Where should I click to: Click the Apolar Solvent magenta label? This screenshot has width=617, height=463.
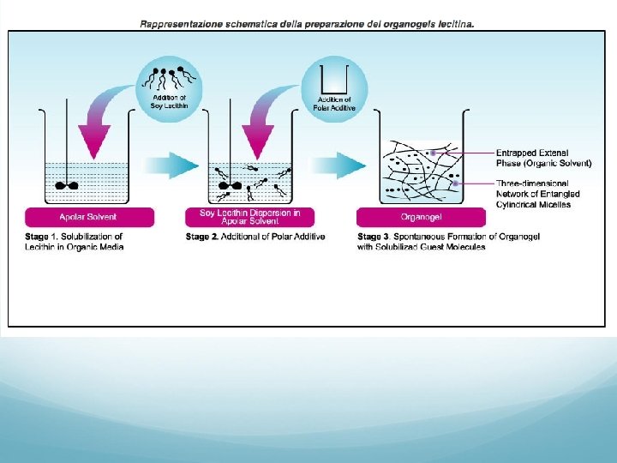(x=89, y=217)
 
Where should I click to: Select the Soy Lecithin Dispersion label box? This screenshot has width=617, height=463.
(x=249, y=217)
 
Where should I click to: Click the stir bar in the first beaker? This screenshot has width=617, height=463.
(x=66, y=184)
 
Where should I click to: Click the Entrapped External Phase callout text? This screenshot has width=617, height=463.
(x=543, y=158)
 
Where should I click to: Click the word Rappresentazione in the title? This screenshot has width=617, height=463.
(x=172, y=24)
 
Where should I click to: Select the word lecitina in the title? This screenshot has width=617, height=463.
(x=454, y=24)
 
